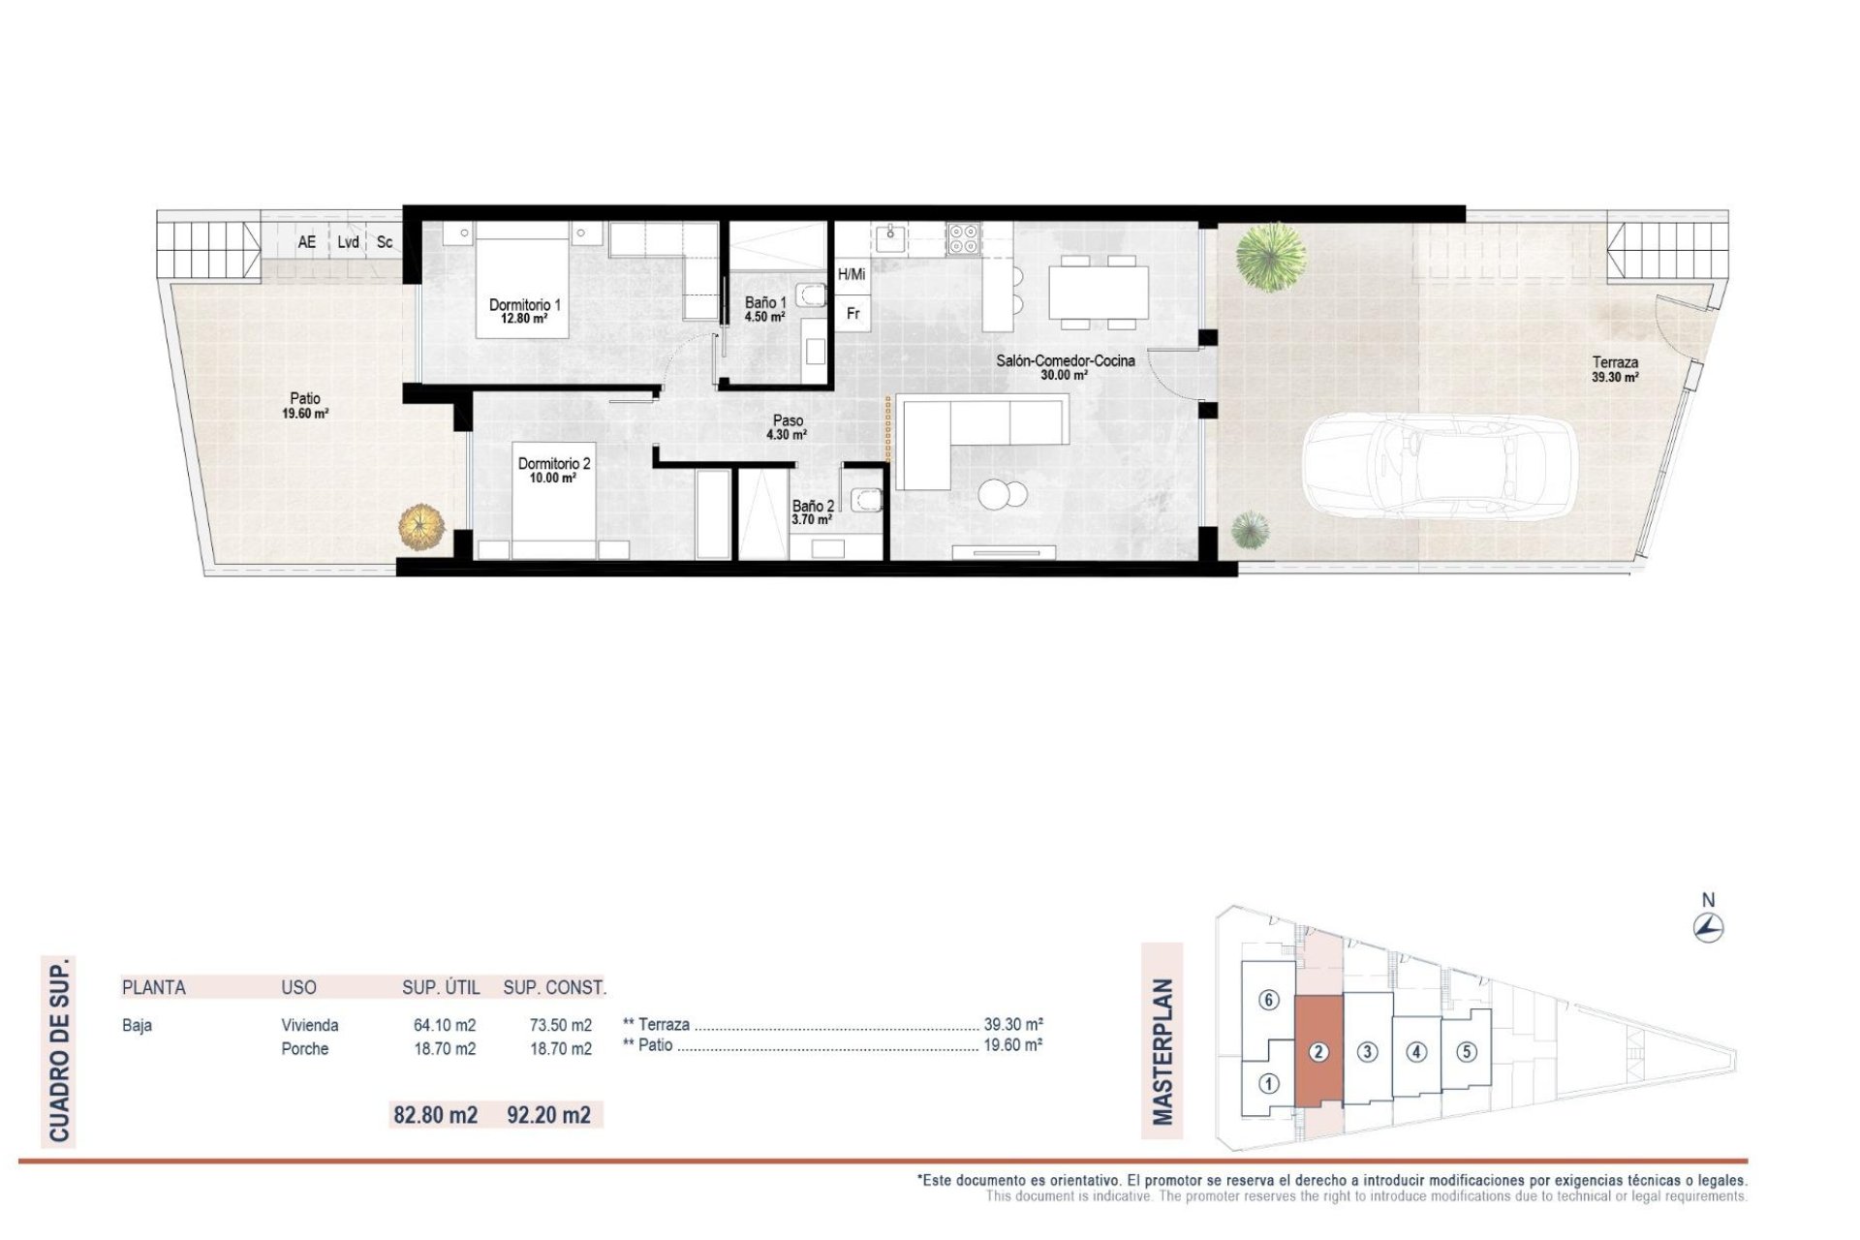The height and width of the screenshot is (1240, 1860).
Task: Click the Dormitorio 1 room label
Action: (524, 311)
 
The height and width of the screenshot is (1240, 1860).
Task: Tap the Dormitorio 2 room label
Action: (553, 470)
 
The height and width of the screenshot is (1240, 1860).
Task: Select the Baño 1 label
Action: (764, 309)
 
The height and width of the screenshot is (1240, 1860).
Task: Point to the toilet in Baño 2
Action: (865, 499)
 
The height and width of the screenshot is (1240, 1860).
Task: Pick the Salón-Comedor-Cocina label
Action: (1065, 367)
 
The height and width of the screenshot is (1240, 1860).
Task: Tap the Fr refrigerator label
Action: (852, 314)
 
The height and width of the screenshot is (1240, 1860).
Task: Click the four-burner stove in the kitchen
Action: (963, 237)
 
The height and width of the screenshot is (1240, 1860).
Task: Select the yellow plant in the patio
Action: (422, 527)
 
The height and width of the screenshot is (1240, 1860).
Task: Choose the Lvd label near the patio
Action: (349, 242)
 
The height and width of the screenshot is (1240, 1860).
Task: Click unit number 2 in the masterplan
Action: (1317, 1052)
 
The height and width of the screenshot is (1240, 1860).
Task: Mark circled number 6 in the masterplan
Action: (1268, 1001)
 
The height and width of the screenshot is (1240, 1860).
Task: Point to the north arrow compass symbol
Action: (1709, 927)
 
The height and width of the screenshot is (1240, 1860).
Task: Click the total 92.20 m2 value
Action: (548, 1115)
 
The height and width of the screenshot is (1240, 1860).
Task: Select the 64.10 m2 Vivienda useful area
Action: (445, 1025)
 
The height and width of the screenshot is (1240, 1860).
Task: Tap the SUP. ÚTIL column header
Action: (441, 988)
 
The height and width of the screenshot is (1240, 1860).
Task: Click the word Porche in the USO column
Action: (305, 1049)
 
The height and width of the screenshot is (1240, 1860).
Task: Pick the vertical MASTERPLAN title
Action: (1162, 1051)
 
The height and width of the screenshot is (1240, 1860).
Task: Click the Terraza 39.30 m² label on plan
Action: (1615, 370)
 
